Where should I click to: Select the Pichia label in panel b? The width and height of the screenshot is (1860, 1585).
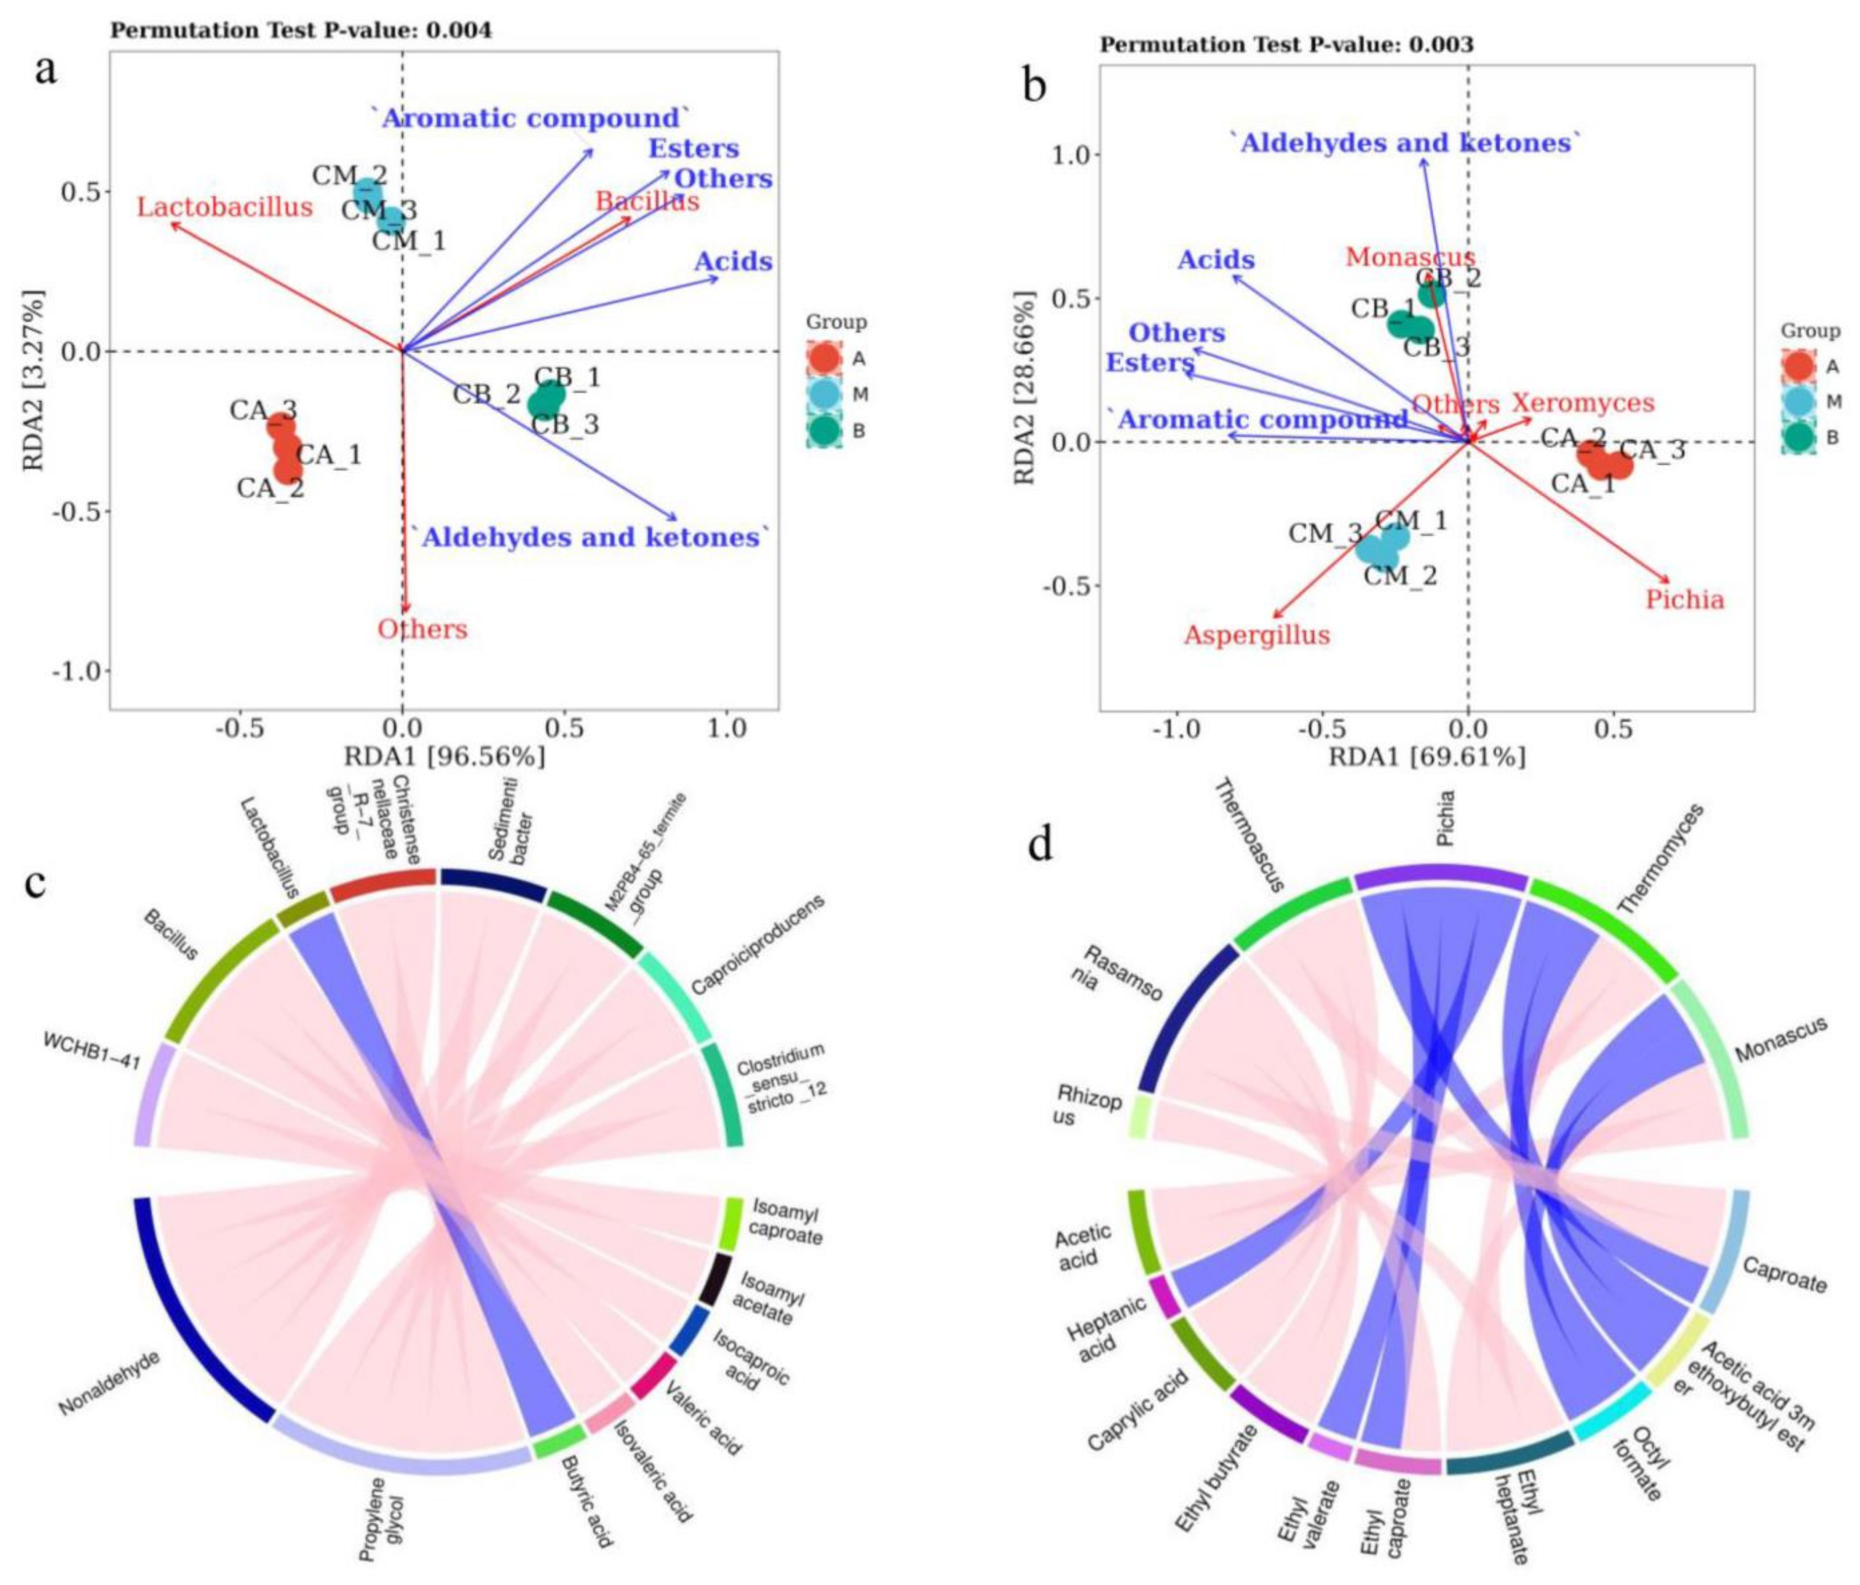tap(1685, 600)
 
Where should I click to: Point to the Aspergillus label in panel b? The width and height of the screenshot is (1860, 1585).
tap(1257, 635)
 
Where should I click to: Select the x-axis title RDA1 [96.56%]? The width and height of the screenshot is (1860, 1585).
tap(444, 756)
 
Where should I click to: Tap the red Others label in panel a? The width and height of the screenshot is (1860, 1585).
tap(422, 629)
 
